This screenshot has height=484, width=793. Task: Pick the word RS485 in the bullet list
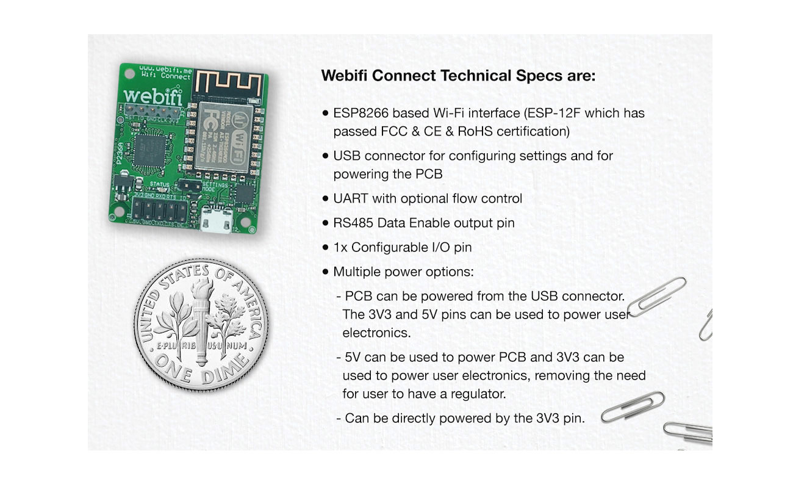tap(354, 223)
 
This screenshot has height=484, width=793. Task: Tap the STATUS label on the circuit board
tap(159, 182)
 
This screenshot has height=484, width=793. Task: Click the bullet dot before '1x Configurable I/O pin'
tap(325, 248)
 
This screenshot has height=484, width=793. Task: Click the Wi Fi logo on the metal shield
tap(239, 121)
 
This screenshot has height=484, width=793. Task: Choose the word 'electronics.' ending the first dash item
tap(376, 333)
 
